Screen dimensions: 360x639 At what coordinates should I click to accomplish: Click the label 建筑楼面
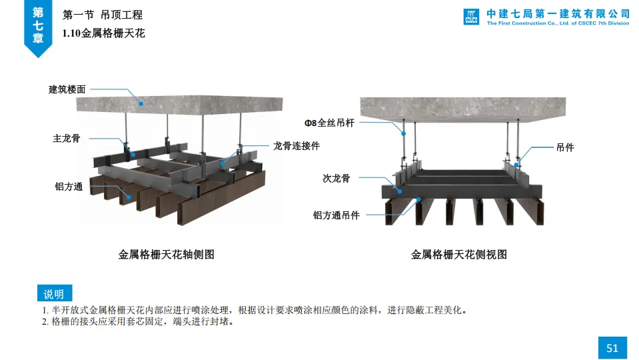[67, 89]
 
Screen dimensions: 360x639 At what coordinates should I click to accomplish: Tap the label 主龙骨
[67, 139]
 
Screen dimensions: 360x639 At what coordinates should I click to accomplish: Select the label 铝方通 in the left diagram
[69, 187]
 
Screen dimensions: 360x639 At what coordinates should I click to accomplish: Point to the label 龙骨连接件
[297, 146]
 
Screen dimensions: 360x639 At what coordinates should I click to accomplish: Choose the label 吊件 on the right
[565, 148]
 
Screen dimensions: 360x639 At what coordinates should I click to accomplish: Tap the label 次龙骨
[336, 178]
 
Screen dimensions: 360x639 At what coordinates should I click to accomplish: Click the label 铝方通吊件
[336, 215]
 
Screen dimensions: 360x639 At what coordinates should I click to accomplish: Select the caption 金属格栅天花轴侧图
[167, 254]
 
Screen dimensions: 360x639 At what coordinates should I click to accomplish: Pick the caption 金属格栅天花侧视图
[459, 254]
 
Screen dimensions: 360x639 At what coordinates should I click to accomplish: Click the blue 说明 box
[54, 294]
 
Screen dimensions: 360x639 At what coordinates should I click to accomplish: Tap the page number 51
[612, 347]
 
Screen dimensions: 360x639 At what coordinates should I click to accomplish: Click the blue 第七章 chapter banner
[38, 25]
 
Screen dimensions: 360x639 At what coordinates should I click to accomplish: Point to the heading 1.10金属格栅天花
[103, 32]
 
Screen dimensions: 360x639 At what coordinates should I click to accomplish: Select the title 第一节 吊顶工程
[102, 15]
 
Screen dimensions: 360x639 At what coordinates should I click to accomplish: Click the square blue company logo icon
[472, 17]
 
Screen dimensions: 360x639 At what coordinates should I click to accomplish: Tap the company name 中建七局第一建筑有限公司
[558, 13]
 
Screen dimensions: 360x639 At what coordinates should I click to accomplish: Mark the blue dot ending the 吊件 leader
[516, 164]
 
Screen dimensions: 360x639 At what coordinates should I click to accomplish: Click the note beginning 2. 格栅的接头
[137, 322]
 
